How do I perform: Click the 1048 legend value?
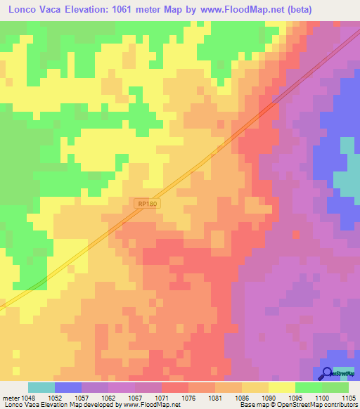click(x=29, y=397)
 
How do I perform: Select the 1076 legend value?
click(x=188, y=397)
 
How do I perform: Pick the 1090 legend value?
click(x=269, y=397)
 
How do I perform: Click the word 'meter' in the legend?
click(x=10, y=397)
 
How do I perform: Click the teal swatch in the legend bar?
click(x=41, y=387)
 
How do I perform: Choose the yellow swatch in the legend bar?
click(x=282, y=387)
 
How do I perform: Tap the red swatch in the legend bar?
click(x=175, y=387)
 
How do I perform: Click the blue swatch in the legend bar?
click(x=68, y=387)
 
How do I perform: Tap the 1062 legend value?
click(x=108, y=397)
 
